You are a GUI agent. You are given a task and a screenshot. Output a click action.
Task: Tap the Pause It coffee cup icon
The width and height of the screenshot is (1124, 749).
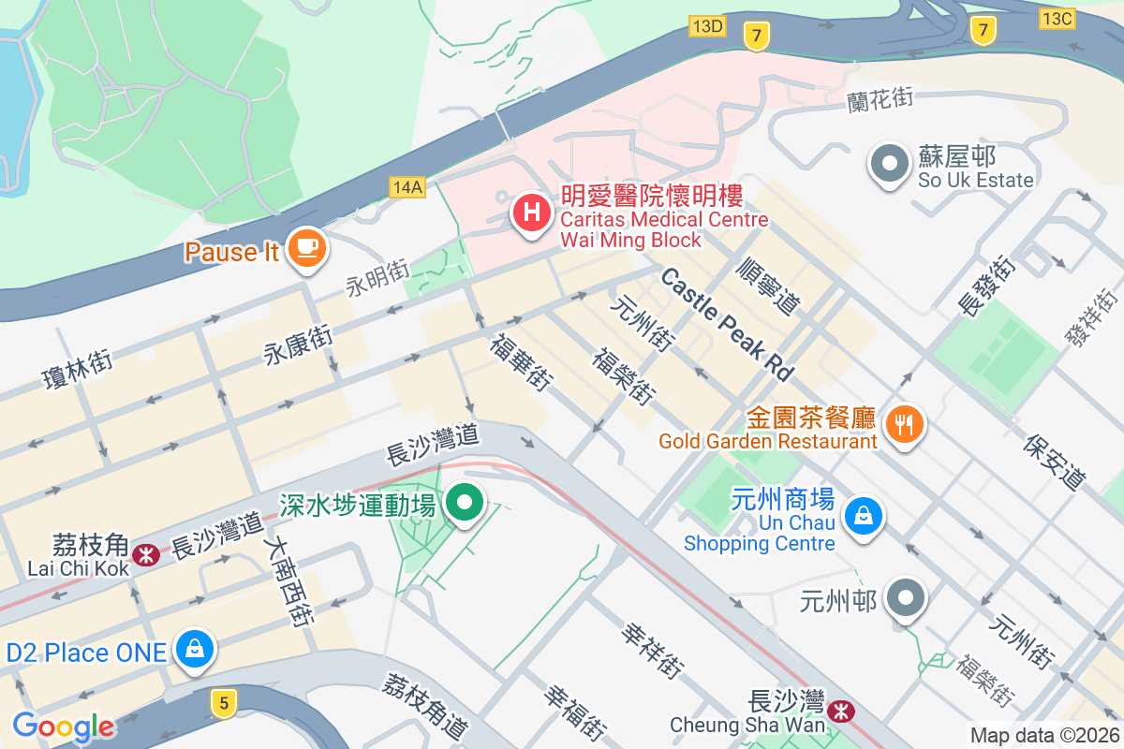coord(305,248)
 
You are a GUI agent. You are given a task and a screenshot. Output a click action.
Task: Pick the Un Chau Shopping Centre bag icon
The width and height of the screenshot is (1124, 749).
coord(864,514)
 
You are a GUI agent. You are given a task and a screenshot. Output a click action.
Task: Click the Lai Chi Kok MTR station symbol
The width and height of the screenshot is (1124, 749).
coord(145,555)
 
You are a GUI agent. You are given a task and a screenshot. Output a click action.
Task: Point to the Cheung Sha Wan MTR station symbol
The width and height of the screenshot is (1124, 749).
coord(843,712)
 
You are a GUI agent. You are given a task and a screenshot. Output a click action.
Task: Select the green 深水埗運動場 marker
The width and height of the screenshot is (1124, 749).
coord(464,503)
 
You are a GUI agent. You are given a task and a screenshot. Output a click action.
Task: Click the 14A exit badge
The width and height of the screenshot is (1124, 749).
coord(407,187)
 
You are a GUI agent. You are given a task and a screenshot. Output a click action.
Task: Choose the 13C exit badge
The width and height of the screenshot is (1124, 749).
coord(1057,17)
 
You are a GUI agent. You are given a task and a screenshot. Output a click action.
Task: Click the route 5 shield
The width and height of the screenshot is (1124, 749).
coord(223,702)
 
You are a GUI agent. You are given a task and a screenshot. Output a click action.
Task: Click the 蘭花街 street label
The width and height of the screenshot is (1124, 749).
coord(878,99)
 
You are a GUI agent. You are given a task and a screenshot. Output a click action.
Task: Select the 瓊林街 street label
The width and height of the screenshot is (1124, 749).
coord(78,369)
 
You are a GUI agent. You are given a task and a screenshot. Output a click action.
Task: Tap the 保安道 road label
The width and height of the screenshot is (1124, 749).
coord(1055,462)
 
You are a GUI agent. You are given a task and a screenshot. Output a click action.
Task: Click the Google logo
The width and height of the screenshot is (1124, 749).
coord(63,727)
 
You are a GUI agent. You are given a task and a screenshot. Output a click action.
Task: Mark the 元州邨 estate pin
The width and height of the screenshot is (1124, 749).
coord(906,597)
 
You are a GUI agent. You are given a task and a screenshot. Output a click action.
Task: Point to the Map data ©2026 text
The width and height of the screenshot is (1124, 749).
coord(1043,736)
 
